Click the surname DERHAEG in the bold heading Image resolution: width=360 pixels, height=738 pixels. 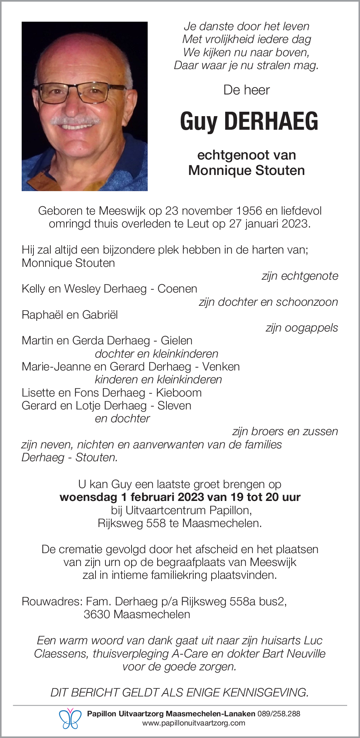tap(271, 121)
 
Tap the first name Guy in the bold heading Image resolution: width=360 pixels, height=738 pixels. tap(199, 122)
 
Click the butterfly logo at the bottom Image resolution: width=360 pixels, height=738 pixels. tap(70, 719)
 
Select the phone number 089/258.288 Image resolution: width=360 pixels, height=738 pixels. tap(279, 714)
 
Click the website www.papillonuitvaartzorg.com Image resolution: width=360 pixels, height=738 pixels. tap(194, 723)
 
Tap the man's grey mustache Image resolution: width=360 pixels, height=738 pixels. tap(76, 121)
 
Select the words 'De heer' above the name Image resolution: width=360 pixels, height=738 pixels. tap(246, 90)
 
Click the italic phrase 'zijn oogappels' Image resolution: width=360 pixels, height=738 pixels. tap(302, 328)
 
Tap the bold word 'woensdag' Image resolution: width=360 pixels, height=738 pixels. tap(88, 497)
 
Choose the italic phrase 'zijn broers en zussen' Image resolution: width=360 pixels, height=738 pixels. tap(285, 431)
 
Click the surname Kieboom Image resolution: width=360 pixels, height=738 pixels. tap(179, 393)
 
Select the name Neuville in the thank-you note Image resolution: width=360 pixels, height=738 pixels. tap(306, 653)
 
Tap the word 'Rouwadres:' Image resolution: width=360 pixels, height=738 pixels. tap(52, 602)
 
